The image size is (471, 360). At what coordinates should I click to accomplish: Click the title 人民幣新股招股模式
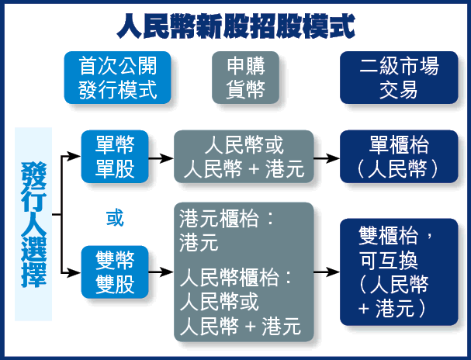tap(236, 26)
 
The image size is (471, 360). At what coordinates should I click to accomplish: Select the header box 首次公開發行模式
tap(117, 78)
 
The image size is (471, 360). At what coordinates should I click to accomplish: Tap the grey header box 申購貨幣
tap(245, 78)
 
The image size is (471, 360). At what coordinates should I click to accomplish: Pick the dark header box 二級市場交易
tap(399, 78)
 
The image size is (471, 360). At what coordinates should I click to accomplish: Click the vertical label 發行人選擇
tap(33, 224)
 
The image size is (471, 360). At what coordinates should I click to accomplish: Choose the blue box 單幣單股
tap(115, 157)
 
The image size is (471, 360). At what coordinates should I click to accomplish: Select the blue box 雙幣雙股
tap(115, 272)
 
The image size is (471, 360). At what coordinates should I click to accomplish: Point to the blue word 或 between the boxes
tap(115, 218)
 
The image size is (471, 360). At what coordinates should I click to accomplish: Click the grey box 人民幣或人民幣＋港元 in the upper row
tap(244, 157)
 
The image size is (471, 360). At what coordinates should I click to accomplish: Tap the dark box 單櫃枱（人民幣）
tap(399, 157)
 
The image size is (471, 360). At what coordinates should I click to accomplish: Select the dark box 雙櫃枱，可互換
tap(399, 272)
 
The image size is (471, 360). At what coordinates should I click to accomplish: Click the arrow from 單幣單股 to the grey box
tap(161, 157)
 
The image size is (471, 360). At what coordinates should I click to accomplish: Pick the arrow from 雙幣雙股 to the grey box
tap(161, 272)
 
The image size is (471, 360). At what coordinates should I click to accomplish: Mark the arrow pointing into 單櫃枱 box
tap(327, 157)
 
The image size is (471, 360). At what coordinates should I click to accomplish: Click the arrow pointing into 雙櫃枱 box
tap(327, 272)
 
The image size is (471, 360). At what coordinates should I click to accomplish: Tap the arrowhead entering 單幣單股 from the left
tap(74, 156)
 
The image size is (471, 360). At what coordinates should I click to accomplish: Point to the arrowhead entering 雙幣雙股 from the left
tap(74, 272)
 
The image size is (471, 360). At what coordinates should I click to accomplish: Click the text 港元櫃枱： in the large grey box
tap(227, 218)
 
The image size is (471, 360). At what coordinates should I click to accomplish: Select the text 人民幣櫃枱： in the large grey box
tap(236, 277)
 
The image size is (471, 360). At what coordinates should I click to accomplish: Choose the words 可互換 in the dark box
tap(389, 261)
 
